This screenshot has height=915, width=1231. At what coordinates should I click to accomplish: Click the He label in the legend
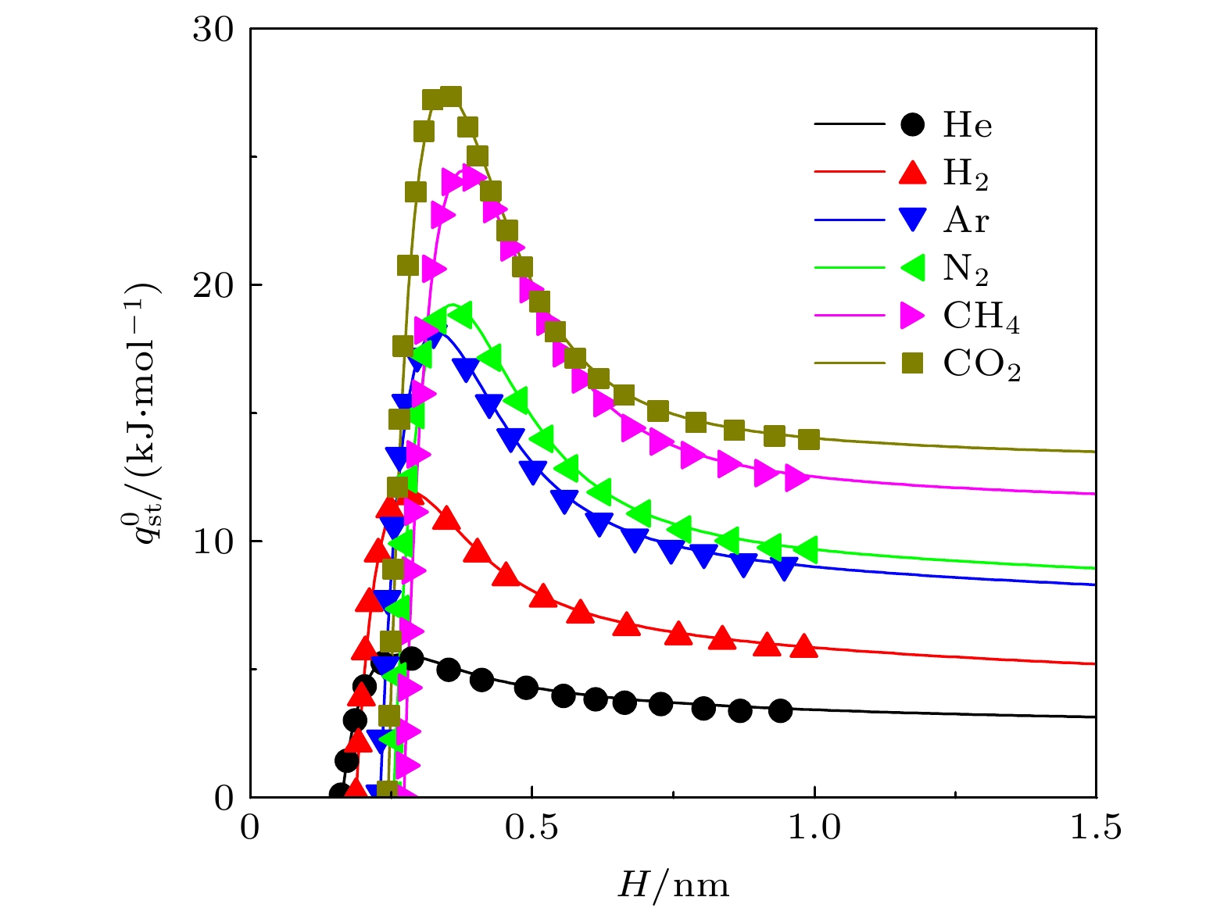click(x=968, y=125)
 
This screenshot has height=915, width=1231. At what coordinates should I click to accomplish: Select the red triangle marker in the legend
click(x=912, y=172)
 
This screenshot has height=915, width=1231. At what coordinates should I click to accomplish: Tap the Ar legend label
click(x=966, y=220)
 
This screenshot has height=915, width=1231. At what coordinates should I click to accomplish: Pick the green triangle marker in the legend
click(x=911, y=268)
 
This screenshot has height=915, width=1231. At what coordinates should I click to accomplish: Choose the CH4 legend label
click(x=982, y=316)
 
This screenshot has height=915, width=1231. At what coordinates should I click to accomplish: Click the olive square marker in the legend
click(x=912, y=363)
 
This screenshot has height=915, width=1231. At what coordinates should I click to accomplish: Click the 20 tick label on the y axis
click(x=213, y=285)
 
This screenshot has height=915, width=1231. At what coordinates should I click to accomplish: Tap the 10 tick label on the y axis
click(x=213, y=541)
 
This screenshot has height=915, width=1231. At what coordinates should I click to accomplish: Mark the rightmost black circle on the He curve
click(x=780, y=710)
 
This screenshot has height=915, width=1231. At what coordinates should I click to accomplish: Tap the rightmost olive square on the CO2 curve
click(x=809, y=439)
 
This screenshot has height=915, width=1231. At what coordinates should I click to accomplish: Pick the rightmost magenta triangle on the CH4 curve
click(x=797, y=477)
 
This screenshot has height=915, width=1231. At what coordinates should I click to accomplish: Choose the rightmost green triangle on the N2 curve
click(x=806, y=549)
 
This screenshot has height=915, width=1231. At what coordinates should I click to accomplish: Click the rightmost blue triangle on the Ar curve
click(x=785, y=568)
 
